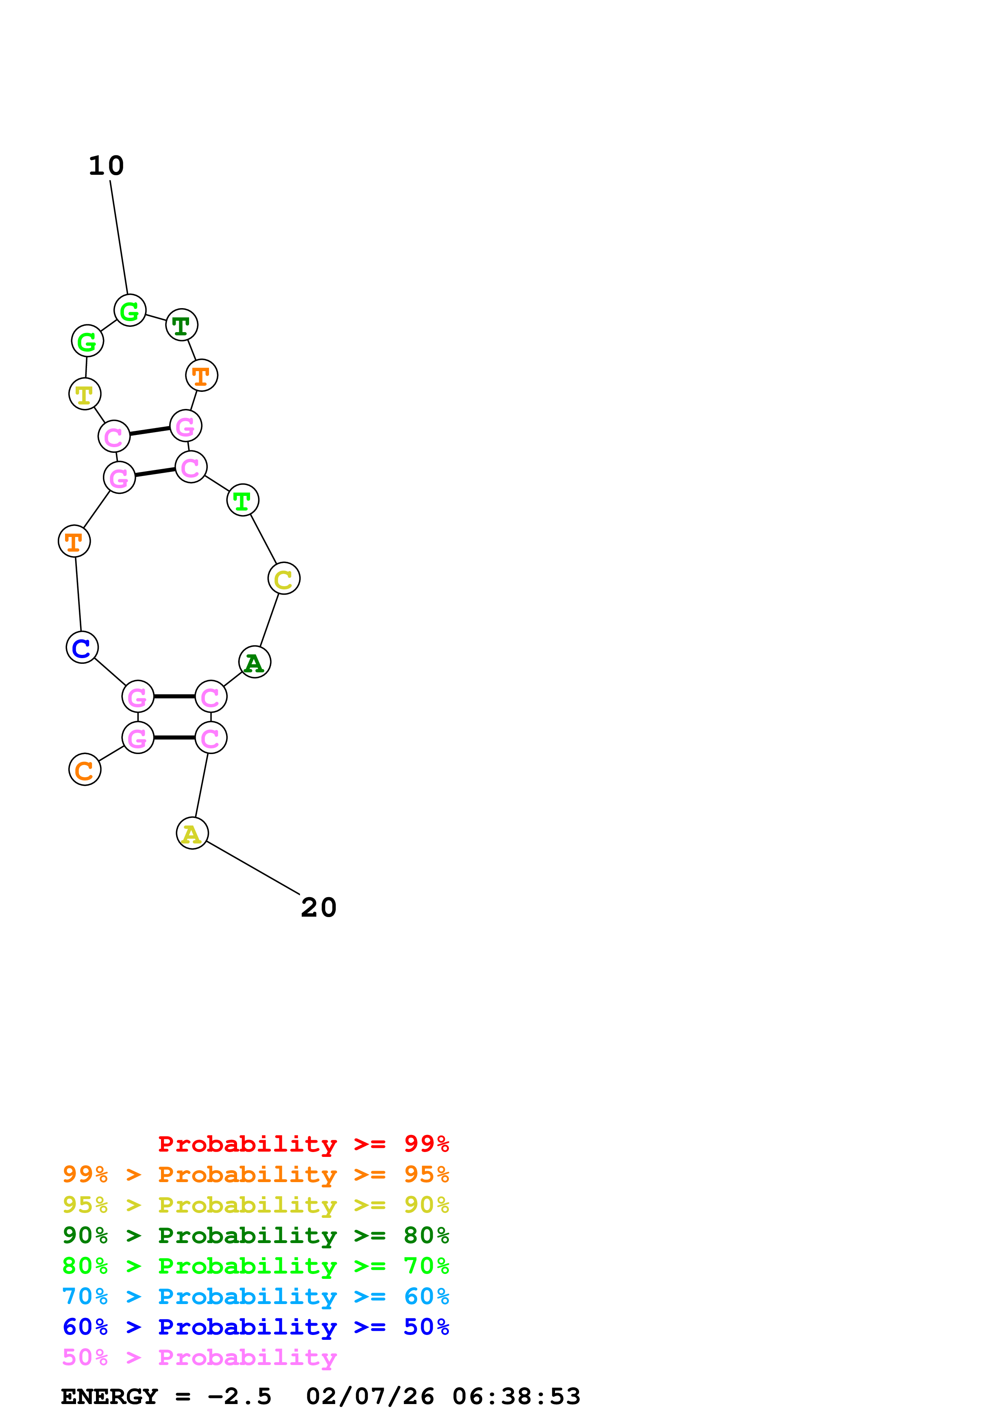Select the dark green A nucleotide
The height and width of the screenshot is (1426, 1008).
pos(255,662)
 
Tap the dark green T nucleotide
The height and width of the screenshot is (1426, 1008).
pos(181,325)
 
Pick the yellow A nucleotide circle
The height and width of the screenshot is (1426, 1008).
pos(192,833)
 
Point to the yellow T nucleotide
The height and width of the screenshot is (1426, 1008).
pos(85,394)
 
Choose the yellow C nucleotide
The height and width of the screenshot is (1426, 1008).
pos(284,579)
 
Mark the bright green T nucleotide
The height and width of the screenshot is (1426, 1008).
pos(242,500)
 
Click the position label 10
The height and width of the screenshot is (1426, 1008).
pos(106,166)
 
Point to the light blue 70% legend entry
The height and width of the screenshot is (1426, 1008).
pos(255,1296)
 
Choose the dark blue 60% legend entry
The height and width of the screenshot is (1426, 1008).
pos(255,1327)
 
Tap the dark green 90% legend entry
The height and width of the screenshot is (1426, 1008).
pos(255,1235)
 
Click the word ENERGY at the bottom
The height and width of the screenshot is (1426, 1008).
pos(109,1397)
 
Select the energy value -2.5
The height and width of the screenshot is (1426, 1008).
pos(240,1397)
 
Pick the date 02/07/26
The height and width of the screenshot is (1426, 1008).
pos(370,1397)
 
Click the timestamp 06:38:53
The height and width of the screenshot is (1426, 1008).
pos(516,1397)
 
